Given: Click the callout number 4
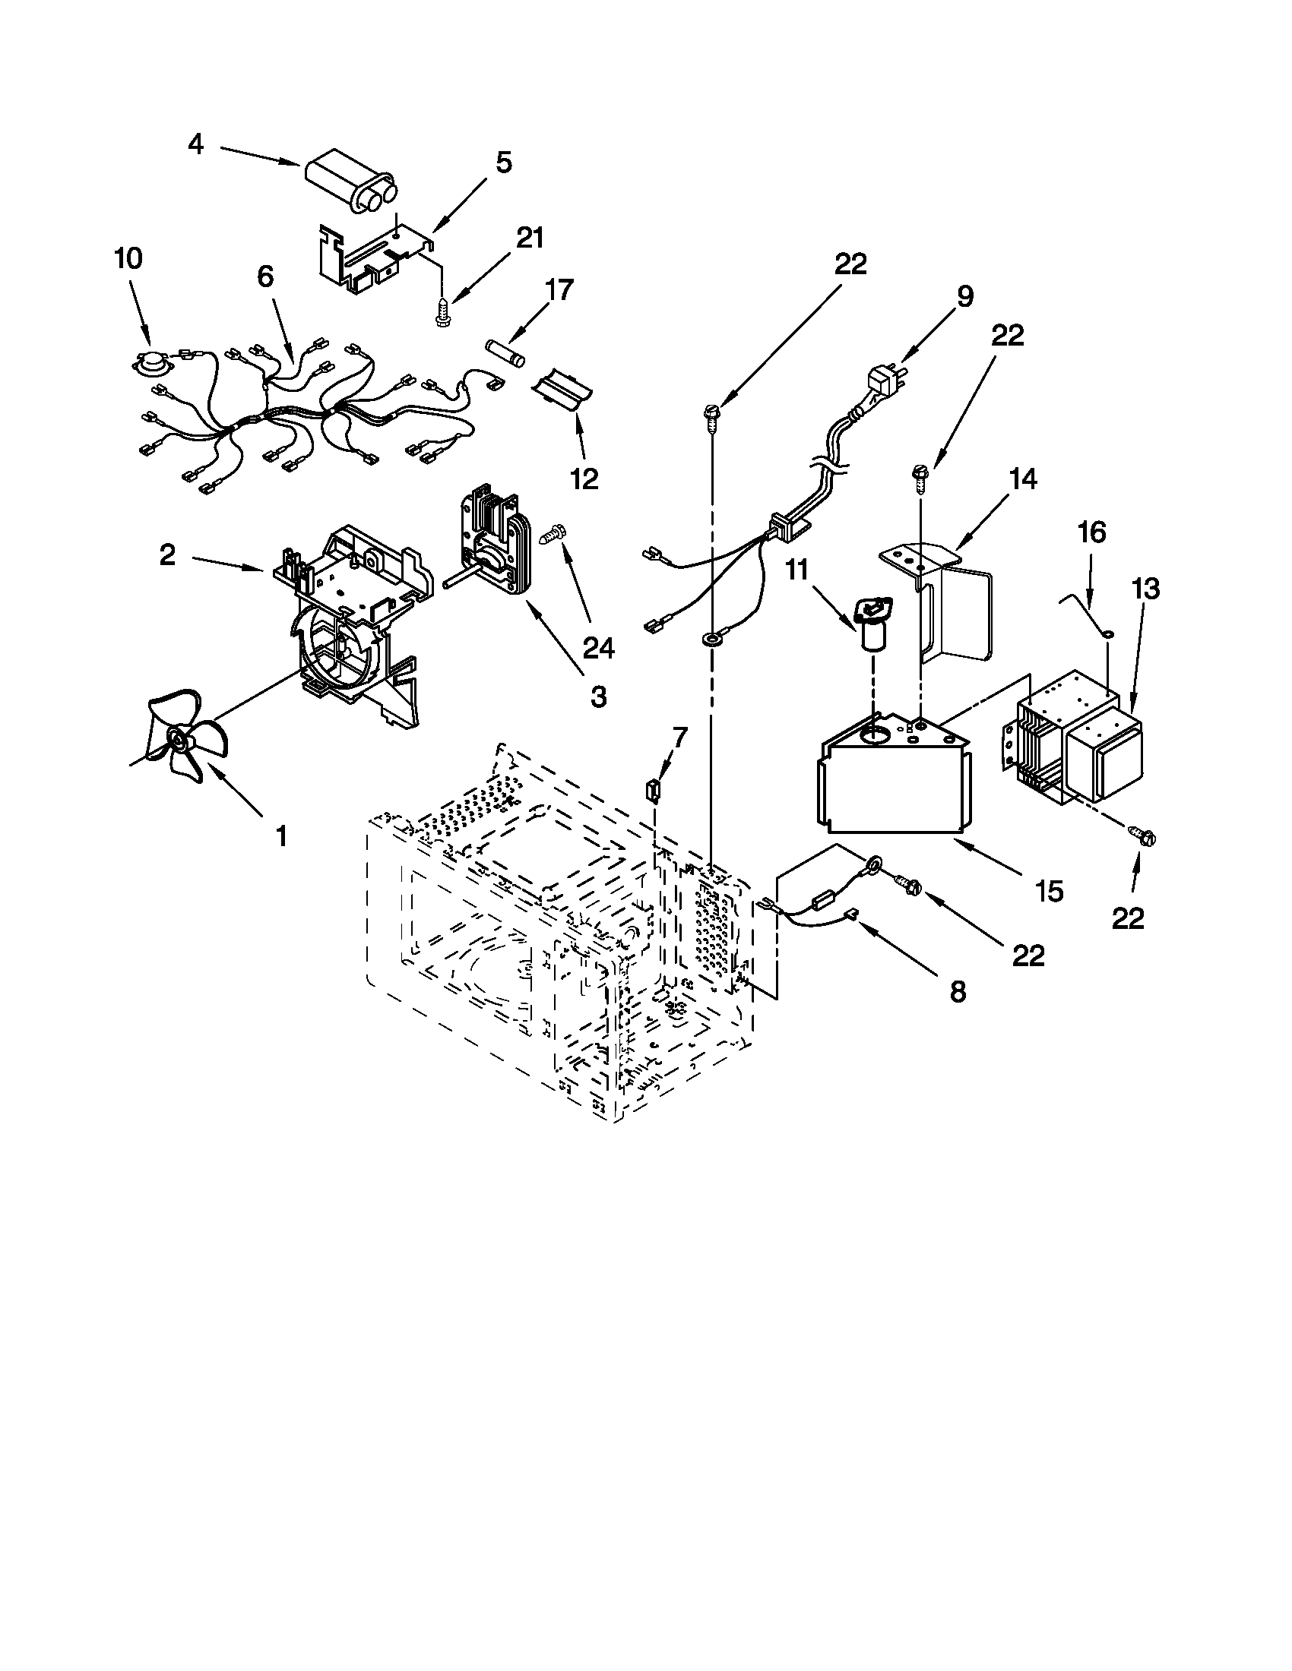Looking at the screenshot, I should tap(196, 144).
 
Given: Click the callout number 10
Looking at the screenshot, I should tap(128, 258).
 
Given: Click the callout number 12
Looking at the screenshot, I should tap(584, 479).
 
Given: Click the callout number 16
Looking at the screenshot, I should tap(1092, 531).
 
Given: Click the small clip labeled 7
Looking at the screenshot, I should tap(653, 789).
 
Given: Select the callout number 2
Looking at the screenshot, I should tap(167, 554).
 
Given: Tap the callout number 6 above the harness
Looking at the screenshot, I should tap(264, 276).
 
